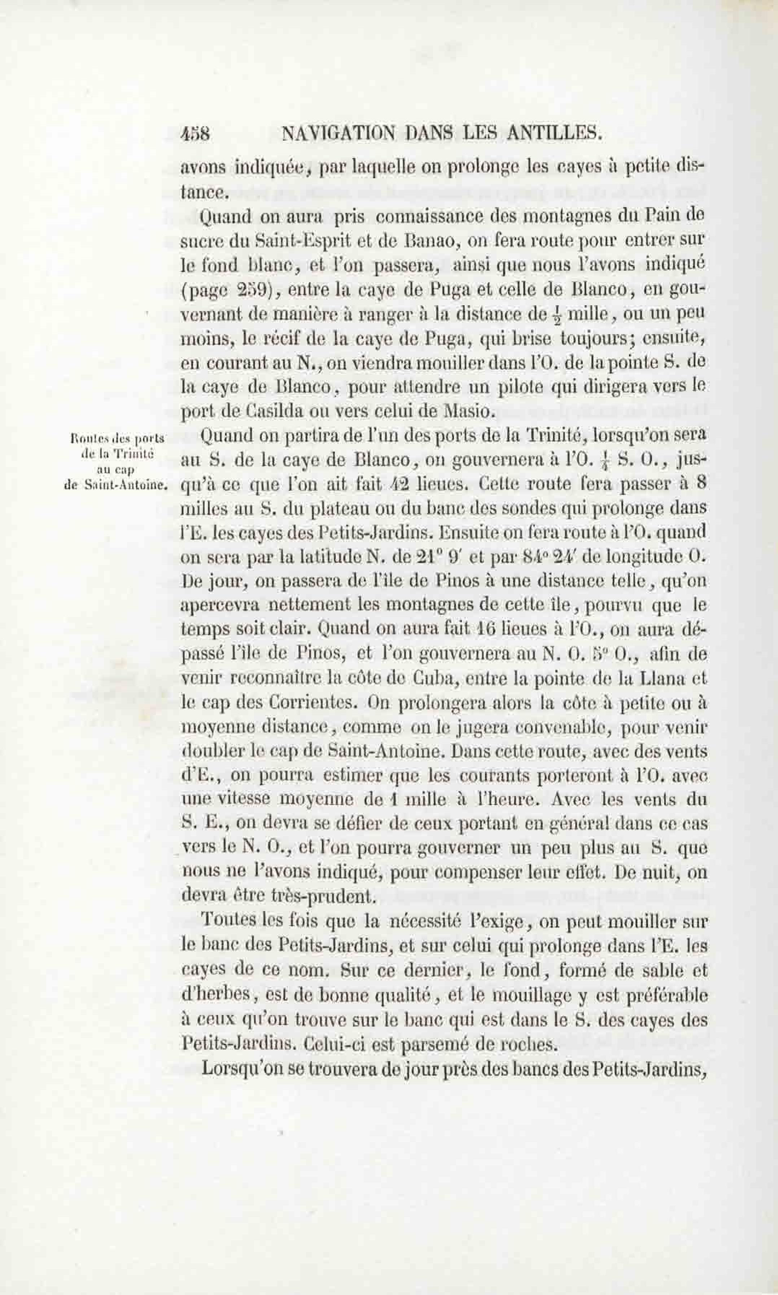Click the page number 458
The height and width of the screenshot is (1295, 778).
pyautogui.click(x=195, y=134)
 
